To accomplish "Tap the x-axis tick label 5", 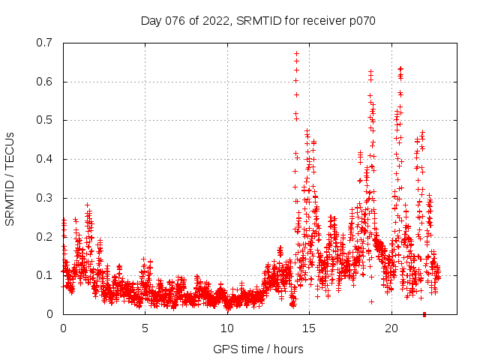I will click(x=145, y=328).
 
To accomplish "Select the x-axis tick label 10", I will click(x=227, y=328).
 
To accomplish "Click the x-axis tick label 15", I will click(x=309, y=328).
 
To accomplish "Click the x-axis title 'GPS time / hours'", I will click(x=258, y=349).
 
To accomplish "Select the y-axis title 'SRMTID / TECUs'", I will click(x=10, y=178).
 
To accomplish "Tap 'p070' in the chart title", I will click(x=361, y=20).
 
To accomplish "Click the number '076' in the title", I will click(x=177, y=20).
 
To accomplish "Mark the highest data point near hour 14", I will click(x=296, y=53).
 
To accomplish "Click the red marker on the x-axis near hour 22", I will click(x=424, y=314).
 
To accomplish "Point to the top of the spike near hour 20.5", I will click(x=400, y=68).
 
